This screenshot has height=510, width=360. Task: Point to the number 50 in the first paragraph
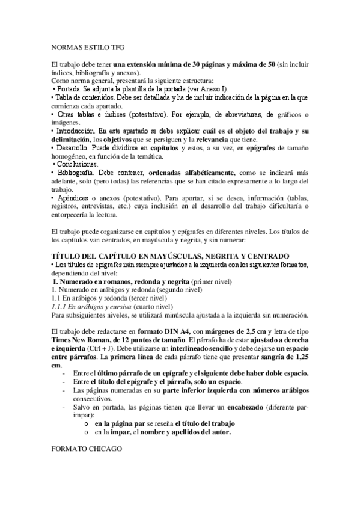(x=272, y=64)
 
